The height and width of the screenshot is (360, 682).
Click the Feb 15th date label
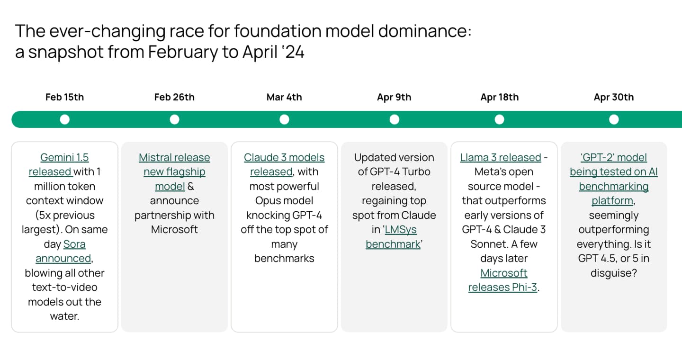tap(64, 97)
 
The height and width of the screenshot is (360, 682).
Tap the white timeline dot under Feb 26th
tap(174, 119)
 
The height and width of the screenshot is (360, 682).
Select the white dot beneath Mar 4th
tap(284, 119)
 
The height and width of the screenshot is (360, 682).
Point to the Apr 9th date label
tap(394, 97)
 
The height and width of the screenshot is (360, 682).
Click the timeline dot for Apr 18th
tap(499, 119)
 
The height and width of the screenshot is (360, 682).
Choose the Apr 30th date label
tap(613, 97)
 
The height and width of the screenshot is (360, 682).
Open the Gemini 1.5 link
tap(64, 157)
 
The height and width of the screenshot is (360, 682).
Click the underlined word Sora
tap(74, 244)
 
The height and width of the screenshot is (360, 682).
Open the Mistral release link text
tap(174, 157)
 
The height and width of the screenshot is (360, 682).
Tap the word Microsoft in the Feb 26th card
tap(174, 230)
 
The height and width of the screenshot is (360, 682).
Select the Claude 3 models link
tap(284, 157)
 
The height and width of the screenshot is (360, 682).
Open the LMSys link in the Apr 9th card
tap(400, 230)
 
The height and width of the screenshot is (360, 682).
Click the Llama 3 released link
tap(500, 157)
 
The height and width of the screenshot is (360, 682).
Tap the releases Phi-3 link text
tap(502, 288)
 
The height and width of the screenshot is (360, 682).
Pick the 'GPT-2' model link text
tap(613, 157)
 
